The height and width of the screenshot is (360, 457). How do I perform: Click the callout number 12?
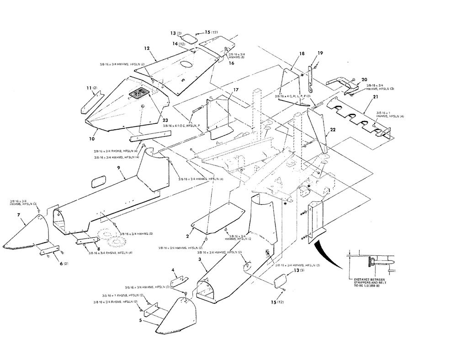pos(147,48)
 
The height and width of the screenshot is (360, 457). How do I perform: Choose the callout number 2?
pos(187,236)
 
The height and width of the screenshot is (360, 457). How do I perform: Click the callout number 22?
pos(333,130)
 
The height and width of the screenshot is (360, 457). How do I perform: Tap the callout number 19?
pos(320,53)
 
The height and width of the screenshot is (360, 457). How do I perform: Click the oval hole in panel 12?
pos(186,65)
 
